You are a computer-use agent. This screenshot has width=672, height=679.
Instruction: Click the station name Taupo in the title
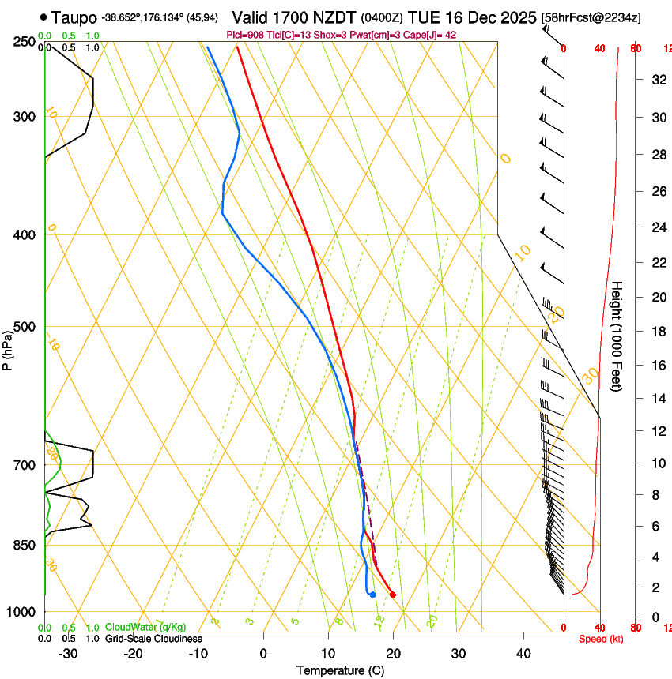74,17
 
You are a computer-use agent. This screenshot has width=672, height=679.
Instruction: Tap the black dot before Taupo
43,17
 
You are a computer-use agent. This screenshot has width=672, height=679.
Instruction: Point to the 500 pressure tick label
24,327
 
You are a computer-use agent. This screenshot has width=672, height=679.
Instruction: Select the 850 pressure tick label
24,545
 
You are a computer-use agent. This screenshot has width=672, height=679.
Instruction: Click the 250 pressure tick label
24,42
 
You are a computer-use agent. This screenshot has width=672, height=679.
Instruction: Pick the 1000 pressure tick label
21,612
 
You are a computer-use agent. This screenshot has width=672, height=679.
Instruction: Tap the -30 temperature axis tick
68,653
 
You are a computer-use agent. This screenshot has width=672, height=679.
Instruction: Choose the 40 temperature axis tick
523,653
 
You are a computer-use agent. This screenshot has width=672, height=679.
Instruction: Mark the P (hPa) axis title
7,346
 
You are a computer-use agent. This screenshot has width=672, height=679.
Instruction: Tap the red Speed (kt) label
601,639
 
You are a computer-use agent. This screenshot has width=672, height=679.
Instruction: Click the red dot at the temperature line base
392,595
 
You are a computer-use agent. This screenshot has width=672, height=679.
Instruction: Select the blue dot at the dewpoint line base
372,595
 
